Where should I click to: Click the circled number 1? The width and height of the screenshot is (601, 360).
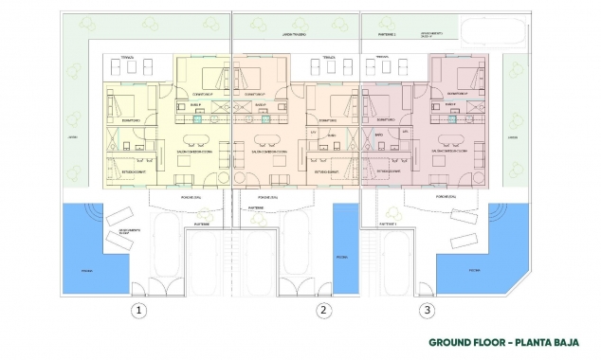click(x=138, y=310)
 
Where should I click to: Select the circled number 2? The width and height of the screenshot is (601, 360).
click(x=324, y=310)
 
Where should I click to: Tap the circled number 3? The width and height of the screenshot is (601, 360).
click(x=428, y=310)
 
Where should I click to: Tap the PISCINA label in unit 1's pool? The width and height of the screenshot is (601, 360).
click(x=77, y=269)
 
